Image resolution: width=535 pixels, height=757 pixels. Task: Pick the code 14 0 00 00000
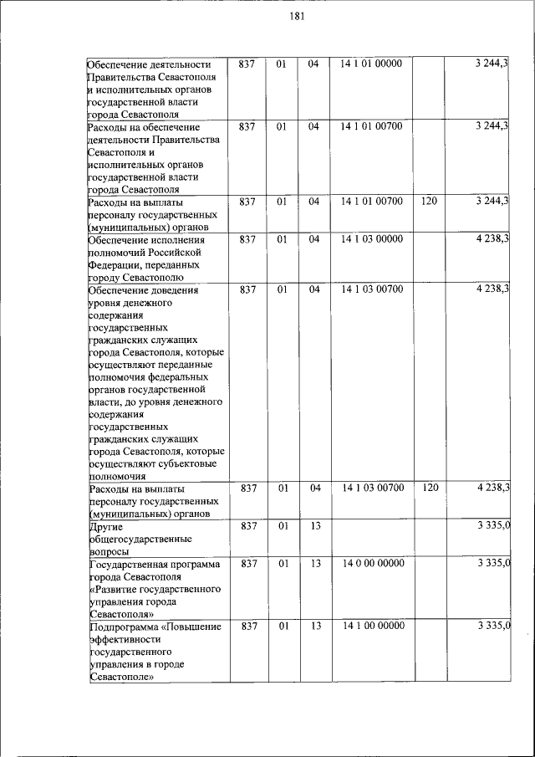pos(372,564)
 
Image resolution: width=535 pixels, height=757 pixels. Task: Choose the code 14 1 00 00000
pos(372,627)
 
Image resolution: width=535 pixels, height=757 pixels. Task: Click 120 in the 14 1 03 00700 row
pos(430,488)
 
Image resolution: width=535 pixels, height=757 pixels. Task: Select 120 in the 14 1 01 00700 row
pos(430,202)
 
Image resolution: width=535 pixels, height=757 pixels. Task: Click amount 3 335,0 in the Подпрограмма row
pos(493,627)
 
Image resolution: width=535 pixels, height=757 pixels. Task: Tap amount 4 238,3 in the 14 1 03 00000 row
pos(493,239)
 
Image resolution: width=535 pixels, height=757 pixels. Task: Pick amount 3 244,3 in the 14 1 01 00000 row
pos(493,64)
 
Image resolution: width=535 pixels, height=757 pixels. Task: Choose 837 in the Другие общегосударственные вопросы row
pos(248,526)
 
